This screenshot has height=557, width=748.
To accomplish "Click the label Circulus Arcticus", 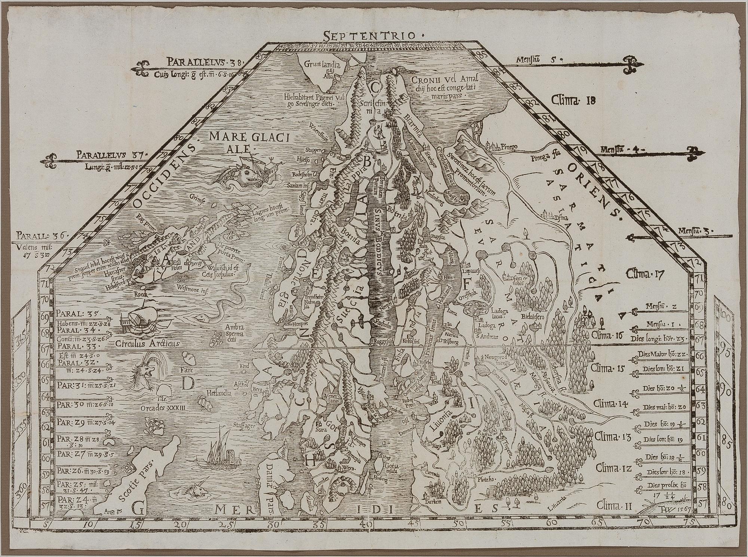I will click(147, 343).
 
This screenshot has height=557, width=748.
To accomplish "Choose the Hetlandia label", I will click(221, 393).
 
